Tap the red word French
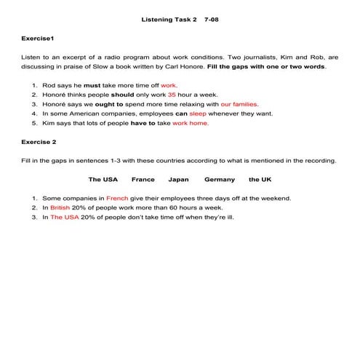pos(116,198)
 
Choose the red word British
pos(61,207)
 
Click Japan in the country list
pos(178,179)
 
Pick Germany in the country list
pos(219,179)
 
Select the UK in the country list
pos(260,179)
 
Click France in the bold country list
pos(143,179)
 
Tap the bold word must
pos(92,85)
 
